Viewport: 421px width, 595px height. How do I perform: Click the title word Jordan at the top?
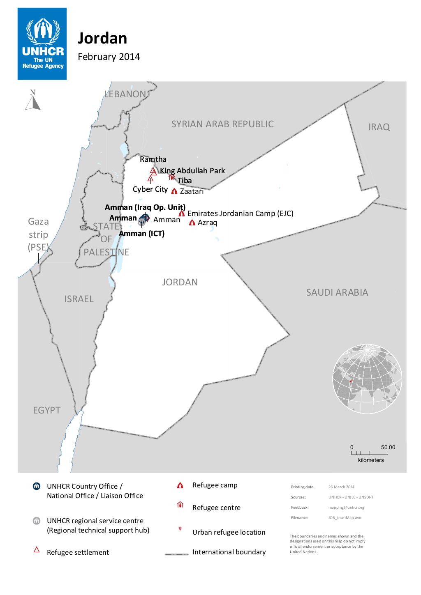[102, 38]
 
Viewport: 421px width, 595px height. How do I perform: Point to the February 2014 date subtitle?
[109, 57]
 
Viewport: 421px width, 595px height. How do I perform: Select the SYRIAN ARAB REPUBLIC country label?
[222, 124]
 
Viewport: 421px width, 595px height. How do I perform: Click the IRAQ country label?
[379, 127]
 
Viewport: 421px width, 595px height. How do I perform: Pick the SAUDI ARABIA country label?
[337, 292]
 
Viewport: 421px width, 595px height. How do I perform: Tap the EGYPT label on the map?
[46, 410]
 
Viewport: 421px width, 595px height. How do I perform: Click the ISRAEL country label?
[79, 299]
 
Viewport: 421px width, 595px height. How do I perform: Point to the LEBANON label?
[125, 94]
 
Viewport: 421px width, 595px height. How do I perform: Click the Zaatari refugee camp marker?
[174, 191]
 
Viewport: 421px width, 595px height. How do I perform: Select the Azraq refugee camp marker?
[192, 223]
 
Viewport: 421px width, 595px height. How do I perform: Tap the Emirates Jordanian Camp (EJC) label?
[240, 214]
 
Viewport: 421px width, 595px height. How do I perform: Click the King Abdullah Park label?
[192, 171]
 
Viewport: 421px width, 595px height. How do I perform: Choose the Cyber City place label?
[150, 189]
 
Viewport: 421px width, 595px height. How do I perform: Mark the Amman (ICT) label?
[141, 234]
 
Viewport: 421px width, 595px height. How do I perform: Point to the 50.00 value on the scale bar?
[388, 447]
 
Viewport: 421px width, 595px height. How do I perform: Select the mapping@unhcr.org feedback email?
[346, 507]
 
